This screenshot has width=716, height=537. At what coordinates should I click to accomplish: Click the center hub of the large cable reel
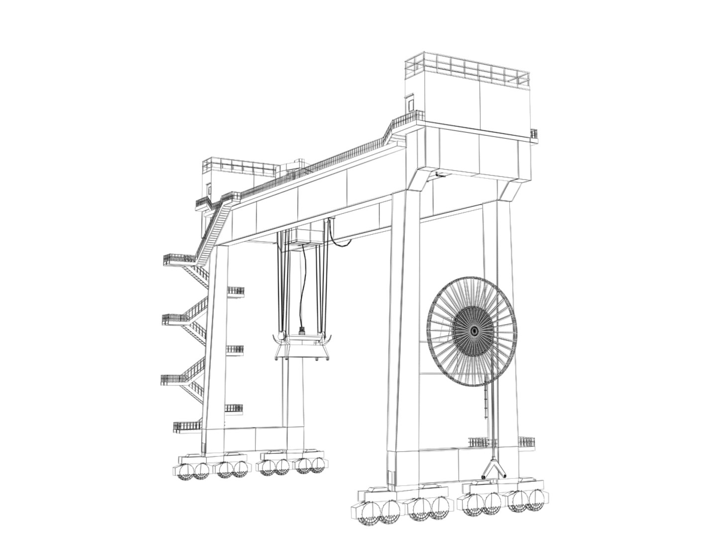point(473,331)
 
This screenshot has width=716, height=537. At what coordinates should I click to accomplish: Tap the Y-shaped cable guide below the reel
point(493,469)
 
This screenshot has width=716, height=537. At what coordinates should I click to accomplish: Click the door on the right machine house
point(411,103)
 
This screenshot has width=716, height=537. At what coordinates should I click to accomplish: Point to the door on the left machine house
point(208,189)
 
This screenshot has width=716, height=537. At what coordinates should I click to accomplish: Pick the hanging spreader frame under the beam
point(300,347)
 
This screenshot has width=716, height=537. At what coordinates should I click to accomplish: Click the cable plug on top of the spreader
point(301,330)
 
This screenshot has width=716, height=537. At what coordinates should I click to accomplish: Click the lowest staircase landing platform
point(187,427)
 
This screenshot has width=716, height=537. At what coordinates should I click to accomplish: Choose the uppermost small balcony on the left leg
point(235,291)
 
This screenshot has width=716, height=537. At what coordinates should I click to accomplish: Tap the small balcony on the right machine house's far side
point(534,134)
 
